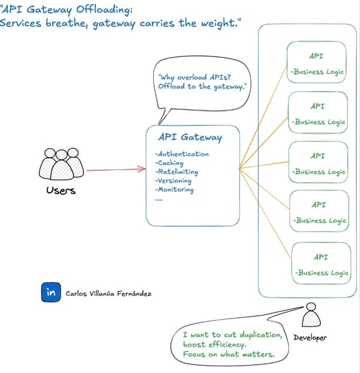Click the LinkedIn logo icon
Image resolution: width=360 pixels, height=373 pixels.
[52, 293]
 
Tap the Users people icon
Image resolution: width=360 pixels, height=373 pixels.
[62, 164]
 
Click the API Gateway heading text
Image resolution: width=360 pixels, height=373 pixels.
[190, 137]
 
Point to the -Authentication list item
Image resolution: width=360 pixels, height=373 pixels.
[182, 154]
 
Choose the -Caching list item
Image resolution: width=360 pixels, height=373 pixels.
[169, 163]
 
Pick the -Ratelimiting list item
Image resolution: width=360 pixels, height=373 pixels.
[176, 172]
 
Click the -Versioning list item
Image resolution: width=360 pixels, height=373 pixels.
[173, 181]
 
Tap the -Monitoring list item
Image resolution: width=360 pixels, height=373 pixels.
[175, 189]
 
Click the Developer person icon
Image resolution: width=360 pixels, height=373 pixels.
[310, 315]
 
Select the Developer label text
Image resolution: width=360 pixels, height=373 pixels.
[310, 338]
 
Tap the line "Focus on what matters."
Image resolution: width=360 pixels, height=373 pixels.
[228, 354]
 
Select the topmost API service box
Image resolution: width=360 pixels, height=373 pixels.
[317, 63]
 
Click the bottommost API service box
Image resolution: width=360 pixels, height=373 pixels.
[320, 263]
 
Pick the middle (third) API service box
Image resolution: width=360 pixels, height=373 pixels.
[318, 163]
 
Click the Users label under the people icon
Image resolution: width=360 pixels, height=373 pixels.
[61, 191]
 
